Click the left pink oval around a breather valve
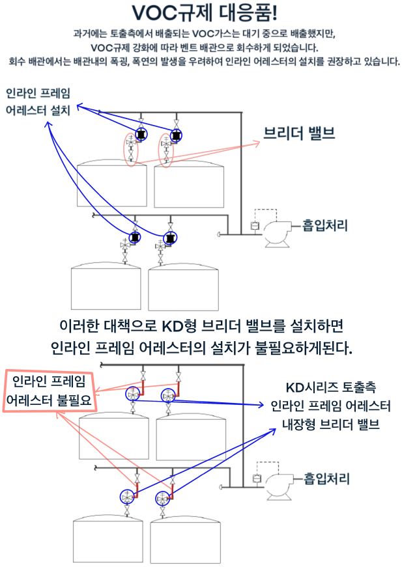pos(131,148)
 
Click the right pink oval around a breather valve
pos(166,150)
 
